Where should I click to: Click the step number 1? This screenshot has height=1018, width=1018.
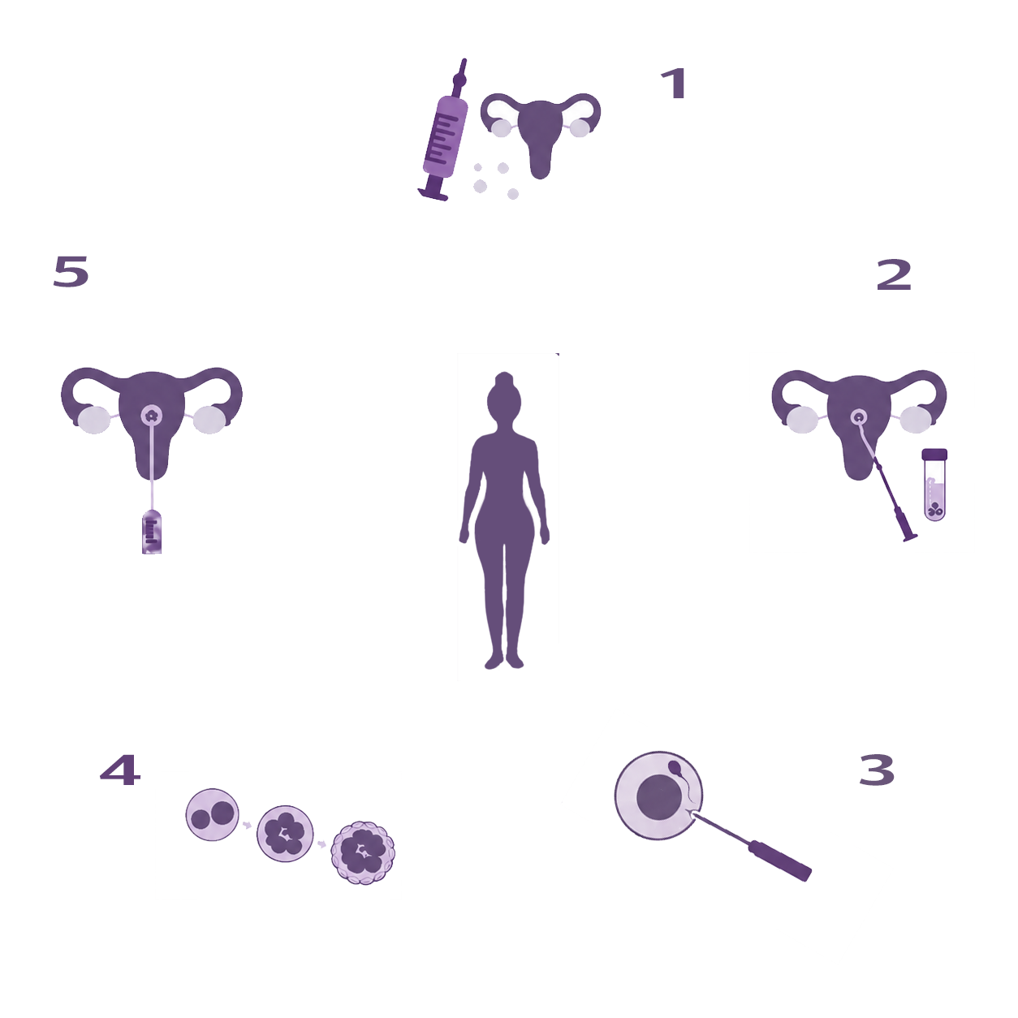tap(674, 84)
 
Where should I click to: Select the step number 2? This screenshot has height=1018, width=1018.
tap(894, 274)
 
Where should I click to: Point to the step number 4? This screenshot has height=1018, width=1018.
tap(120, 770)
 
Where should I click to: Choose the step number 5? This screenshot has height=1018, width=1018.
tap(71, 271)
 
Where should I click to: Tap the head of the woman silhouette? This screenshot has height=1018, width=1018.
tap(504, 396)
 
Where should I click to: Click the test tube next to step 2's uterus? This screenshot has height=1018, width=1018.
tap(934, 485)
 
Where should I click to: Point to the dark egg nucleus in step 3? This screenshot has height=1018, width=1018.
tap(659, 798)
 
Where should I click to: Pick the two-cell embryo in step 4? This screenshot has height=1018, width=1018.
tap(213, 814)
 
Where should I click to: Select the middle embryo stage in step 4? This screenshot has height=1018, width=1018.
tap(285, 834)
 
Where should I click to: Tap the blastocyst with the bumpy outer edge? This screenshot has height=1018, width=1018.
tap(363, 853)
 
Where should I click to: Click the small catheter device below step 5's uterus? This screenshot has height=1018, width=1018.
tap(152, 532)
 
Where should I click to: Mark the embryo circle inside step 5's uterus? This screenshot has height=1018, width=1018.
tap(152, 416)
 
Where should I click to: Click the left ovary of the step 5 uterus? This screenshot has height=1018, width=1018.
tap(94, 420)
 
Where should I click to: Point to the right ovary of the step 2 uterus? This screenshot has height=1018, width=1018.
tap(916, 420)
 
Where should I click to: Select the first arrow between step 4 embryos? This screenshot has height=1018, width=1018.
tap(247, 825)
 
